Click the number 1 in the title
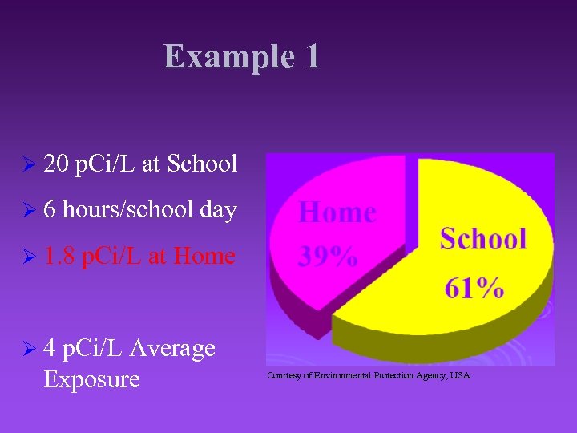click(312, 57)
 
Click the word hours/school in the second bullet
click(127, 211)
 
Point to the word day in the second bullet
click(218, 211)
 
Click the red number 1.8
click(61, 257)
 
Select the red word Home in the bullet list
click(204, 257)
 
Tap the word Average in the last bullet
click(171, 348)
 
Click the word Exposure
click(91, 378)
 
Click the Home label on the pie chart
click(337, 213)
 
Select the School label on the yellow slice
click(483, 238)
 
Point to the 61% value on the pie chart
click(474, 286)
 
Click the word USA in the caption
click(462, 375)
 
